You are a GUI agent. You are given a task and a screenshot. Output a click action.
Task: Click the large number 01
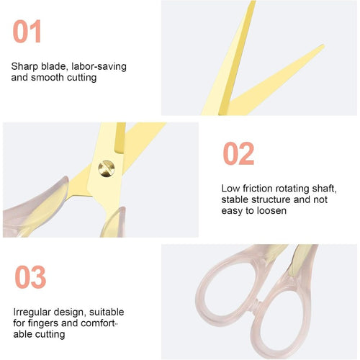tap(27, 31)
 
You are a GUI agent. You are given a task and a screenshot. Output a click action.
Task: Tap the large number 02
tap(238, 153)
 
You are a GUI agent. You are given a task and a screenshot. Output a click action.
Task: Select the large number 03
tap(30, 276)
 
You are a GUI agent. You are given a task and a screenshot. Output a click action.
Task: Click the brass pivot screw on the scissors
tap(107, 168)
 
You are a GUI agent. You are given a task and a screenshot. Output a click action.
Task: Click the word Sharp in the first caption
tap(24, 66)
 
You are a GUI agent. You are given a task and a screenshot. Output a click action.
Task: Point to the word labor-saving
tap(99, 66)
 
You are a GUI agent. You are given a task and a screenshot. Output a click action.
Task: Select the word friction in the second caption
tap(258, 189)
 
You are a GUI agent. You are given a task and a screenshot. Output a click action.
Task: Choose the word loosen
tap(271, 211)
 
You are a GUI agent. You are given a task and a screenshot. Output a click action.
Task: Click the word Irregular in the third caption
tap(32, 312)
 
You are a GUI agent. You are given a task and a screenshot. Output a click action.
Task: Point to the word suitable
tap(107, 312)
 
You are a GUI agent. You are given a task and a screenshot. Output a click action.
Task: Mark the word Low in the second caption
tap(230, 189)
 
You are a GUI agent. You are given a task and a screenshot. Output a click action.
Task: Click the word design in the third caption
tap(68, 312)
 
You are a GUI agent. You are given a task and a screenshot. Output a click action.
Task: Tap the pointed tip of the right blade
tap(324, 45)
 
